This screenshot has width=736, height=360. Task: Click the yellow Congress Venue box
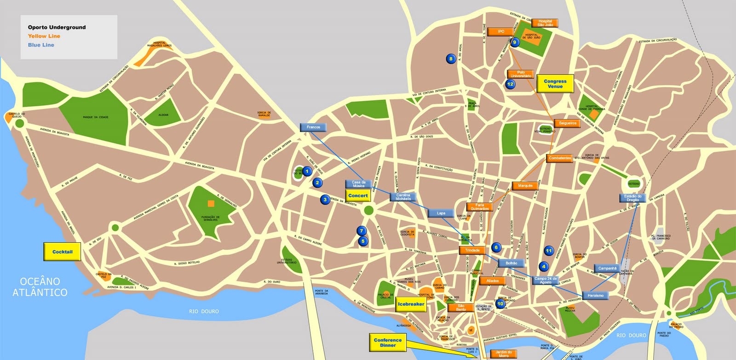555,84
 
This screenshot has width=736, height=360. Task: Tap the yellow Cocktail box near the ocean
62,252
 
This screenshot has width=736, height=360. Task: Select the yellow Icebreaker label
411,304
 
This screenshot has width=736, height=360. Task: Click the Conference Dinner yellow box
387,343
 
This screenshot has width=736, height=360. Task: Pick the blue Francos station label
313,127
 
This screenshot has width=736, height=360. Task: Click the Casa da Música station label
358,184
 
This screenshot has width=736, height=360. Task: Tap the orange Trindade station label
472,251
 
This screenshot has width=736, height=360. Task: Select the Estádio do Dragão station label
632,198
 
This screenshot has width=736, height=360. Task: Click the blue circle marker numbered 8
451,58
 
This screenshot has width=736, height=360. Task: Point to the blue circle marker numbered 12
510,84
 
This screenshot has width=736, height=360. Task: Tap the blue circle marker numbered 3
325,200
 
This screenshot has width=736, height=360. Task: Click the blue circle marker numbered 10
500,303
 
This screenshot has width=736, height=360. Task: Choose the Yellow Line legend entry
44,36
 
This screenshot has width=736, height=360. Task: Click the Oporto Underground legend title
57,27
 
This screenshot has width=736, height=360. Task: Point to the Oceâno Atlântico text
40,287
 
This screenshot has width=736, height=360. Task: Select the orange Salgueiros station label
568,123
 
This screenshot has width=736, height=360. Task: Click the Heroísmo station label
595,296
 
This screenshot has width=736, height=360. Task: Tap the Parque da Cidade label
95,117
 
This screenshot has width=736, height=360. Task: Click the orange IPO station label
501,32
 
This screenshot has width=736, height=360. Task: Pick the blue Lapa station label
441,213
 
